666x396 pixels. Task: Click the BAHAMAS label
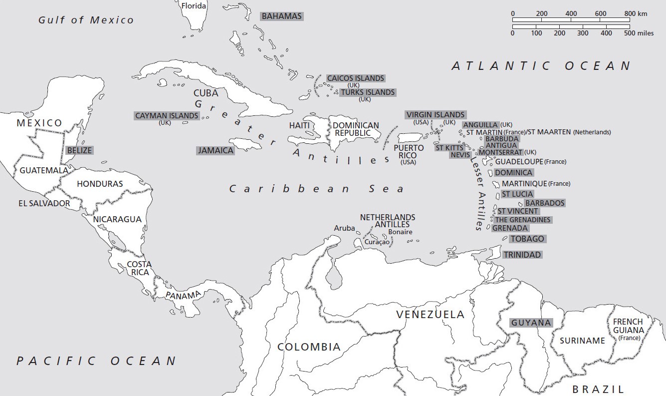[x=282, y=16]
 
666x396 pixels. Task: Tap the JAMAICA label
[x=216, y=150]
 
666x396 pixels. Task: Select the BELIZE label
[x=80, y=150]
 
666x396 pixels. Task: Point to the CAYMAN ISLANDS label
[x=167, y=116]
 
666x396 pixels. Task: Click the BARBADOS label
[x=545, y=203]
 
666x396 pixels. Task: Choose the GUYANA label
[x=531, y=323]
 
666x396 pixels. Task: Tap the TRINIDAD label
[x=522, y=255]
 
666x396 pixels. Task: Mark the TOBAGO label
[x=527, y=239]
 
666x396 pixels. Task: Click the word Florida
[x=194, y=6]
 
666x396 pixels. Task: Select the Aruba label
[x=344, y=228]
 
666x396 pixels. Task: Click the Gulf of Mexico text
[x=86, y=20]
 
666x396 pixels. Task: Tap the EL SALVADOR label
[x=44, y=203]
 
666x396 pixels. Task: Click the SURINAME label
[x=582, y=341]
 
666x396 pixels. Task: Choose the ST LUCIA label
[x=517, y=194]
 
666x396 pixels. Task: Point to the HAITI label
[x=299, y=125]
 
